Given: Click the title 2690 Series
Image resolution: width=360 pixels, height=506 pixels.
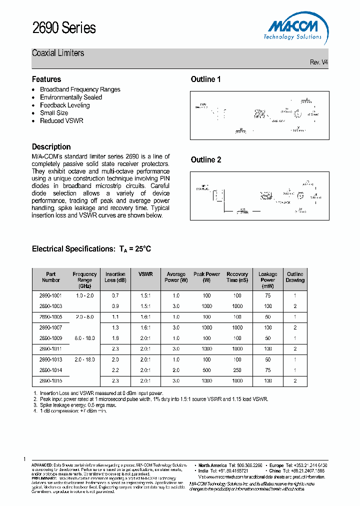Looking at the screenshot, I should click(63, 28).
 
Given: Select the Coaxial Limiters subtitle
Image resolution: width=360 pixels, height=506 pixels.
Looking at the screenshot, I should click(58, 53).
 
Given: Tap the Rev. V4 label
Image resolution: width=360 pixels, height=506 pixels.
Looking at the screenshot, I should click(319, 62).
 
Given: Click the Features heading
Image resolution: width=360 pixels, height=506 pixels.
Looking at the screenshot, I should click(46, 79).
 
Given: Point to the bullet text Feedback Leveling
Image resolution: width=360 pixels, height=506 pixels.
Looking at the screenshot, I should click(64, 105).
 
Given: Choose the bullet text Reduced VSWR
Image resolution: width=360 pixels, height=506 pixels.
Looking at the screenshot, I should click(61, 121).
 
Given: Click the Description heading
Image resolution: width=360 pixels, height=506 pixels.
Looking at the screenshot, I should click(51, 147).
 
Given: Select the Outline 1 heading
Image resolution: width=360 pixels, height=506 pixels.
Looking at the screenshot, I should click(205, 79).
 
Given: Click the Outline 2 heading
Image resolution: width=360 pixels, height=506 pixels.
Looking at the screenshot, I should click(205, 160).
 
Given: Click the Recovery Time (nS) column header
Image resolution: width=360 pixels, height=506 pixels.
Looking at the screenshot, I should click(237, 277).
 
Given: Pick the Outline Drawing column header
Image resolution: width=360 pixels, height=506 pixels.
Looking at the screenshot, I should click(295, 277).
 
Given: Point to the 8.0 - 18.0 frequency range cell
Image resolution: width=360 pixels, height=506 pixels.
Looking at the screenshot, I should click(84, 338).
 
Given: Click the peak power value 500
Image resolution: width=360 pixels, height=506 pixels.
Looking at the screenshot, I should click(206, 370).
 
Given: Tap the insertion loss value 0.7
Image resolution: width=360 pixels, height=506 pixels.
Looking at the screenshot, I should click(115, 295).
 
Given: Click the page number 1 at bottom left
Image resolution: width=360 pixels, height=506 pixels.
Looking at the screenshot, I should click(24, 459).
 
